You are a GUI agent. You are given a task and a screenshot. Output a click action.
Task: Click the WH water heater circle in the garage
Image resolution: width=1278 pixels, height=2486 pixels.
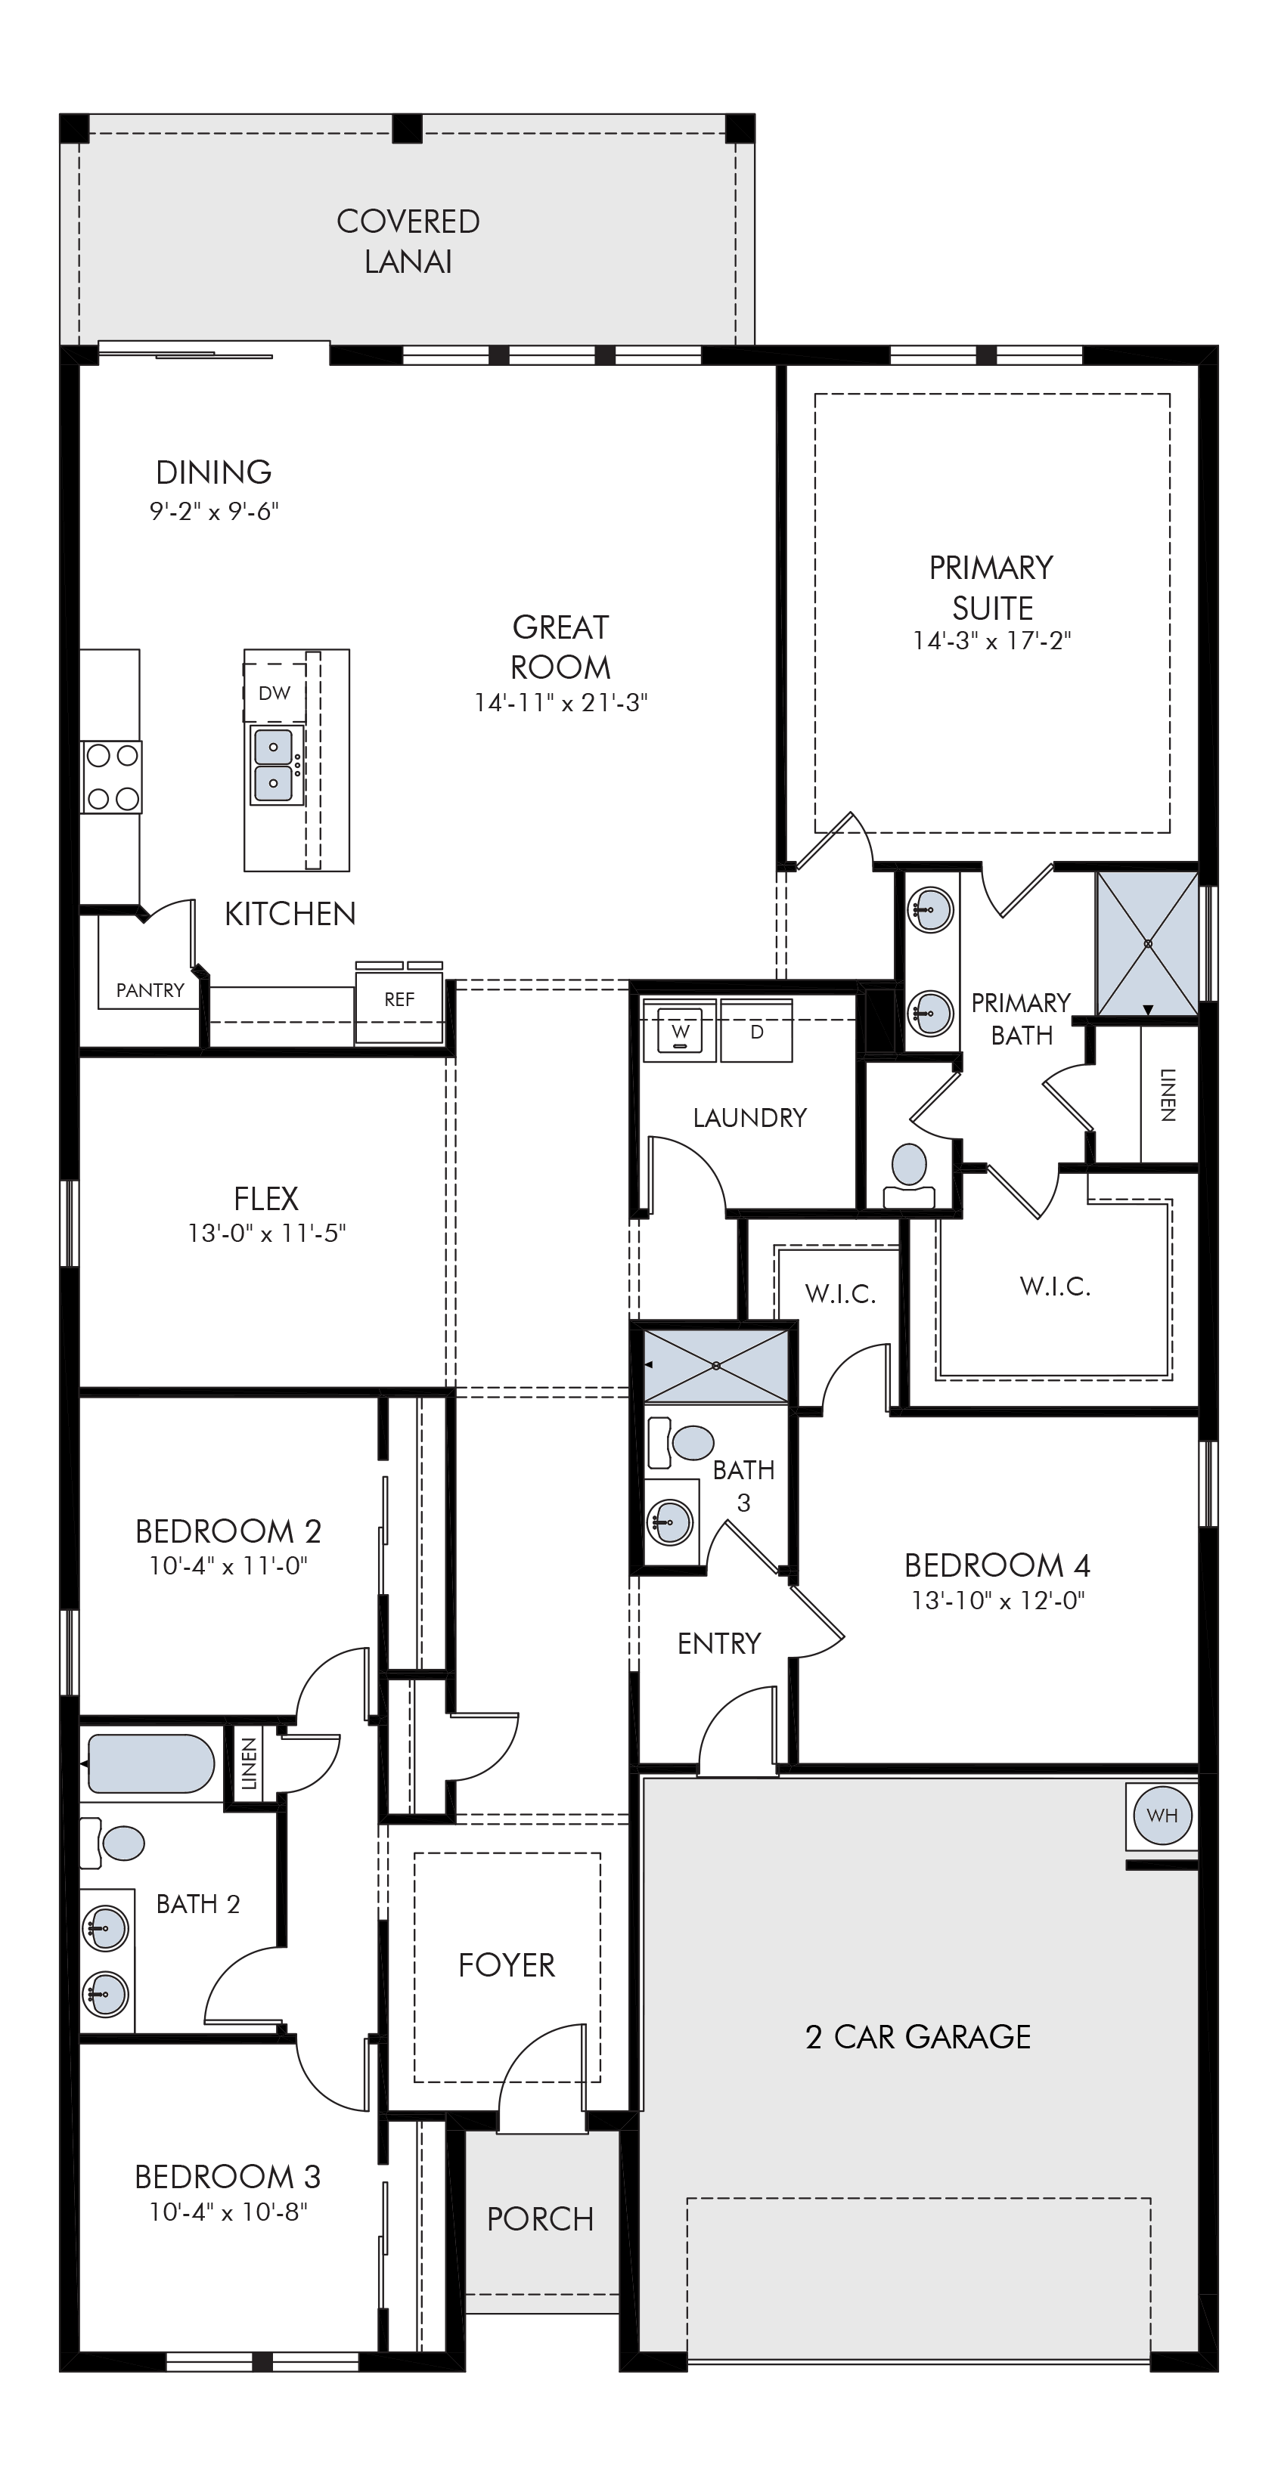click(x=1162, y=1816)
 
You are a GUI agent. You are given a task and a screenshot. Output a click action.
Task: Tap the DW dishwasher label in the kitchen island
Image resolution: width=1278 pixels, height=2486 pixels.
click(x=275, y=693)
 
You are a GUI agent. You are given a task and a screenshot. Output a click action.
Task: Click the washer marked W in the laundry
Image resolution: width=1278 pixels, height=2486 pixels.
click(x=681, y=1032)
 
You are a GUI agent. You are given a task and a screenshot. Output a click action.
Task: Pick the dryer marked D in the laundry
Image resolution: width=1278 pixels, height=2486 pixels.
click(x=757, y=1032)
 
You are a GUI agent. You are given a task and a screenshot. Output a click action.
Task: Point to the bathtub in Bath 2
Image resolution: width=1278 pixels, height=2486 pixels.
click(x=150, y=1764)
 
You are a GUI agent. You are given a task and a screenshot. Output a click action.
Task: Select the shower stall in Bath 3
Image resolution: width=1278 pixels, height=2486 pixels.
click(x=716, y=1367)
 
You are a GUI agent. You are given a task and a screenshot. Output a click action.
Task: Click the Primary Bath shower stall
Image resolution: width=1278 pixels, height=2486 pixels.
click(x=1146, y=943)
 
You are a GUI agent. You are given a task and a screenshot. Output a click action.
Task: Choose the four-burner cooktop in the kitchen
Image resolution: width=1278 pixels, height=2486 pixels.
click(x=112, y=777)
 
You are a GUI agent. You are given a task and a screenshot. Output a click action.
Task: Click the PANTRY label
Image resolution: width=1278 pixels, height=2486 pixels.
click(x=150, y=990)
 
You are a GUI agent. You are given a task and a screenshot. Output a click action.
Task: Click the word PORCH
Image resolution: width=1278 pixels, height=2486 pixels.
click(x=541, y=2218)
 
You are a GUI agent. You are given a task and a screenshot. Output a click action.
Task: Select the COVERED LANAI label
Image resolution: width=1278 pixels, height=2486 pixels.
click(x=408, y=241)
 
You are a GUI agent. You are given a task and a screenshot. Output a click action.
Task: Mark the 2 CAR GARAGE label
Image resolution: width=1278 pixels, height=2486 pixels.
click(x=918, y=2036)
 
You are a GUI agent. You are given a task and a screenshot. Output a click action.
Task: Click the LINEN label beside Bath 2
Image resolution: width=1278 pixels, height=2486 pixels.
click(x=249, y=1764)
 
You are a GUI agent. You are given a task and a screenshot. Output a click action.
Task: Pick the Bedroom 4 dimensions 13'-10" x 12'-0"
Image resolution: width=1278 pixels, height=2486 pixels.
click(x=998, y=1600)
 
